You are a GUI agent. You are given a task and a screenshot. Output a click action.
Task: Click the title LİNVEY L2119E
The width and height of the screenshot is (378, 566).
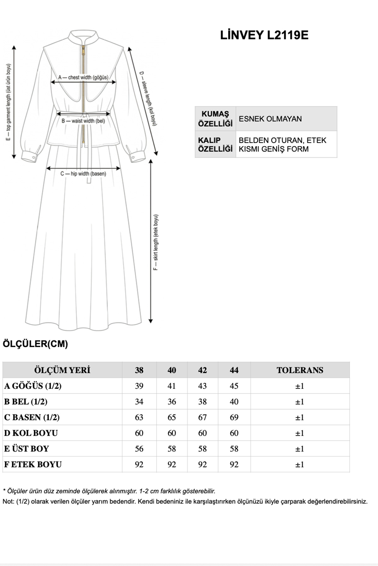(x=264, y=35)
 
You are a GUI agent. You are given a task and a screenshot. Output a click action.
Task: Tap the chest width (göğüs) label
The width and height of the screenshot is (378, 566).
(x=83, y=77)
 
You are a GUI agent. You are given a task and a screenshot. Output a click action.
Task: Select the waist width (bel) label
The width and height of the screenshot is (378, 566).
(x=83, y=121)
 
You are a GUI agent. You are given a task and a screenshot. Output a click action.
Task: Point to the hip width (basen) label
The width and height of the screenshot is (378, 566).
(x=83, y=174)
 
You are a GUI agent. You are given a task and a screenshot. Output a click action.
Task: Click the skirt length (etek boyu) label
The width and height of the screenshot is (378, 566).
(x=156, y=242)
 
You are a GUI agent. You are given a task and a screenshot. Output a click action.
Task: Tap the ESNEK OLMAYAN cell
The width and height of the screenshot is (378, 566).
(x=270, y=119)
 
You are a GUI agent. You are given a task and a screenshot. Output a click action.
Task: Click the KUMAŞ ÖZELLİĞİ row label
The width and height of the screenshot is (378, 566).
(x=215, y=119)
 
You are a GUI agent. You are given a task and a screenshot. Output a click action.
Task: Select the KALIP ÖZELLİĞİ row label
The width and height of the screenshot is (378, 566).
(x=215, y=145)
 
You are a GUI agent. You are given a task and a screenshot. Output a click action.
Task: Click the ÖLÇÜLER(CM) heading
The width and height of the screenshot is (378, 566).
(x=35, y=344)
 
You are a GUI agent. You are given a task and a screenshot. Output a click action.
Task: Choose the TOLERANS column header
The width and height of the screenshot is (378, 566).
(x=300, y=370)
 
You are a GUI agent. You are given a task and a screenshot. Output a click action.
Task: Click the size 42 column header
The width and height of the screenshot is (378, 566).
(x=203, y=370)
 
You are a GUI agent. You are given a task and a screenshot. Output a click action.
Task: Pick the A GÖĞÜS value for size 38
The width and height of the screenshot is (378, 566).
(x=139, y=386)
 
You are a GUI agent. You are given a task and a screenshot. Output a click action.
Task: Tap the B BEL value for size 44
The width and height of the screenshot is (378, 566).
(x=234, y=402)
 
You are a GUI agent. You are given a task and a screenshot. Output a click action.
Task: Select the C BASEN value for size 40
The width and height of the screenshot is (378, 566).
(x=172, y=417)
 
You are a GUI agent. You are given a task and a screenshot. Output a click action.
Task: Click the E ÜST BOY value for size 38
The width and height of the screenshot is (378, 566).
(x=139, y=449)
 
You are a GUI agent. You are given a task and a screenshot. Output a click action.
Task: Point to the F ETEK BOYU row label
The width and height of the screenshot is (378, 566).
(x=33, y=464)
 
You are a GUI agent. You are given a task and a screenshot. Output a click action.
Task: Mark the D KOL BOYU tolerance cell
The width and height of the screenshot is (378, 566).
(x=300, y=433)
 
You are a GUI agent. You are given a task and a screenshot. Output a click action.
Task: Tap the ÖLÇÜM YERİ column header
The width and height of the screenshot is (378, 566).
(x=62, y=370)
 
